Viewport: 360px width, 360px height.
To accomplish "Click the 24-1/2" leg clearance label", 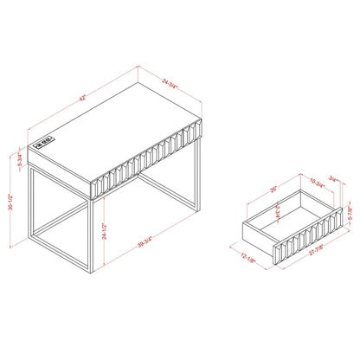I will pyautogui.click(x=105, y=231).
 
